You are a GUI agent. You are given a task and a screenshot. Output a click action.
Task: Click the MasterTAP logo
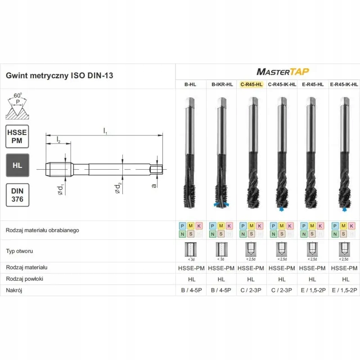[282, 71]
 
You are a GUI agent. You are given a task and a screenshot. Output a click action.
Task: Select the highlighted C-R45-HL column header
[251, 84]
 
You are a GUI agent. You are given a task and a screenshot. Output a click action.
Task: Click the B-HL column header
[190, 84]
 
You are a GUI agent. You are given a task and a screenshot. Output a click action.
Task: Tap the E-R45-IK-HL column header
[344, 84]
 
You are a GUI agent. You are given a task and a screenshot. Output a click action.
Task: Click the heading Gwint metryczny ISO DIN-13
[59, 76]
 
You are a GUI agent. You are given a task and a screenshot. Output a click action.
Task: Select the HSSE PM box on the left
[17, 136]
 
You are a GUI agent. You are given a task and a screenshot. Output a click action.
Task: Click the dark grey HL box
[17, 165]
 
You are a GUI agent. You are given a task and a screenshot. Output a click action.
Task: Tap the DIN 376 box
[17, 194]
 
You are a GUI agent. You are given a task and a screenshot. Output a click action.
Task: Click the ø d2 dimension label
[119, 187]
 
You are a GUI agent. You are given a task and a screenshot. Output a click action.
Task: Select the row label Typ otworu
[19, 251]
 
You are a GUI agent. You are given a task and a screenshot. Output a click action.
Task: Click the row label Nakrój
[14, 290]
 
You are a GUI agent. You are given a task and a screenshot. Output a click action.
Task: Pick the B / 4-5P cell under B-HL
[190, 290]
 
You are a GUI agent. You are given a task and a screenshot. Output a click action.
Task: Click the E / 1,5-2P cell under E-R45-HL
[313, 290]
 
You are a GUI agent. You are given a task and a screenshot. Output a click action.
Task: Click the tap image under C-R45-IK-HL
[282, 153]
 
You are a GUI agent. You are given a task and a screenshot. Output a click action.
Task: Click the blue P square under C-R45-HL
[243, 225]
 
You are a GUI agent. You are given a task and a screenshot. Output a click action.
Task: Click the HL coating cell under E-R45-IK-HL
[344, 279]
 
